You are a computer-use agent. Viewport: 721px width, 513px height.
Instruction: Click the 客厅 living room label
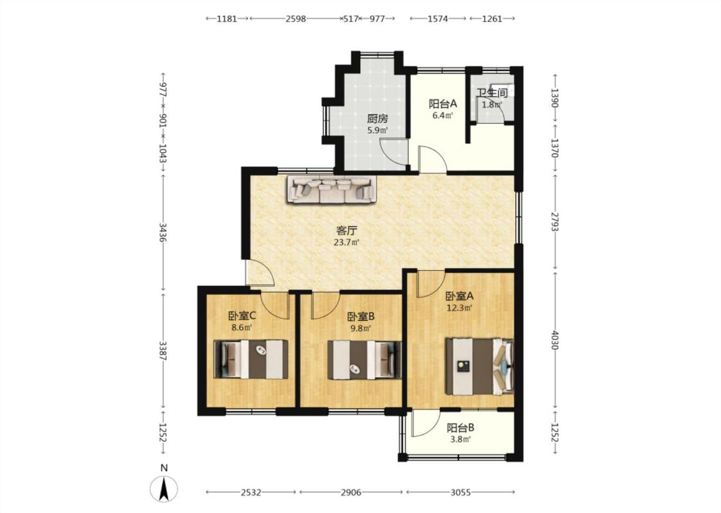[347, 230]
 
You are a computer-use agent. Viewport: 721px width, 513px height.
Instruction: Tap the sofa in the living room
[332, 189]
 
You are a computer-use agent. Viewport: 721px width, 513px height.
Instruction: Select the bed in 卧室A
[479, 367]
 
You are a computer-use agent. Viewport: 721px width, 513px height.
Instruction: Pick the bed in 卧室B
[364, 359]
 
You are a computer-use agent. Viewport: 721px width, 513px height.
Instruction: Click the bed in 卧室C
[251, 359]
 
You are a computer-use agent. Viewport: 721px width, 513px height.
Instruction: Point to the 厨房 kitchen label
[377, 119]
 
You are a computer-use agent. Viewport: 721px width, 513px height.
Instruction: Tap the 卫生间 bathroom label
[492, 93]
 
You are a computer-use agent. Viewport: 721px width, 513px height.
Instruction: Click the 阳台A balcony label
[443, 104]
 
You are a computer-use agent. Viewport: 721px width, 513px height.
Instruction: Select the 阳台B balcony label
[461, 428]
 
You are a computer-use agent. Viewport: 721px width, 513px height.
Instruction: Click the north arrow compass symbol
[163, 489]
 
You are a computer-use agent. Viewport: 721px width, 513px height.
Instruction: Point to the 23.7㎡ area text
[346, 242]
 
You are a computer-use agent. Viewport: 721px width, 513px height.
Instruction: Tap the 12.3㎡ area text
[460, 308]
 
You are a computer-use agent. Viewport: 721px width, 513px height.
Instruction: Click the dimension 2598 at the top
[295, 19]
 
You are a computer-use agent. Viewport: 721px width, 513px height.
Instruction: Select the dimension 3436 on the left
[163, 233]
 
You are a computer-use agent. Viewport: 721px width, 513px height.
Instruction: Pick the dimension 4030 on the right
[556, 340]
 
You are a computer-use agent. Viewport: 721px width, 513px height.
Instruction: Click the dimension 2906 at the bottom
[351, 492]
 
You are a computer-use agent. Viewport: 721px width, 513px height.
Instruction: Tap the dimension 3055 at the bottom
[460, 492]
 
